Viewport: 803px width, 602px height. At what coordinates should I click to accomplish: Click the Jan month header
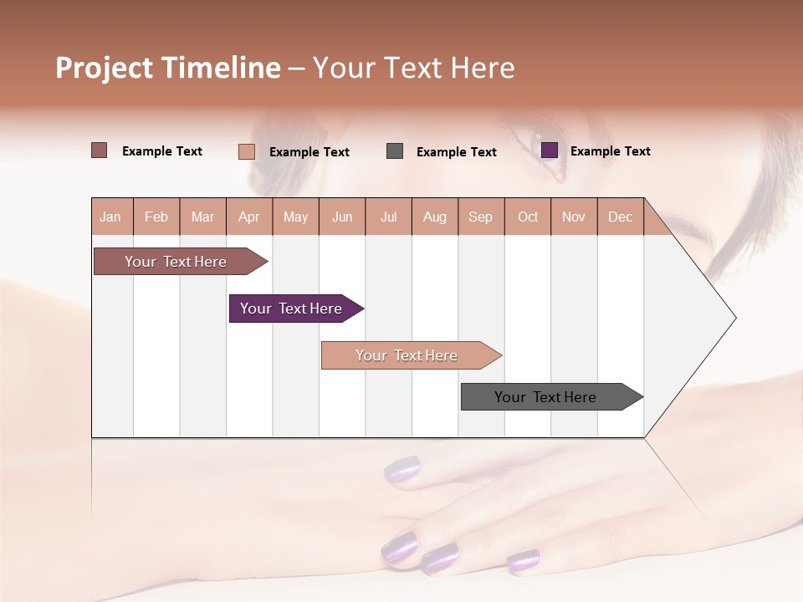[x=110, y=217]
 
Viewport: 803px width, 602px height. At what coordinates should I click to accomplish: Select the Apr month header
[x=249, y=217]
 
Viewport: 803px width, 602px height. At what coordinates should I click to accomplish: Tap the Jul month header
[x=389, y=217]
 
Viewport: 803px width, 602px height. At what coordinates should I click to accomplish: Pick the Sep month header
[x=481, y=217]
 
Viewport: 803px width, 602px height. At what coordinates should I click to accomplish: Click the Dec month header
[x=620, y=217]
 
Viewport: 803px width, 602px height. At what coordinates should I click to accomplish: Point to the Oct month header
[x=528, y=217]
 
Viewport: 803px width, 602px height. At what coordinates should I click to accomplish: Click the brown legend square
[x=99, y=150]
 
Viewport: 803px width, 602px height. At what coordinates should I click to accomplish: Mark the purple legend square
[x=550, y=150]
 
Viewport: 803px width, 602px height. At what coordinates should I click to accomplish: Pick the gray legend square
[x=395, y=151]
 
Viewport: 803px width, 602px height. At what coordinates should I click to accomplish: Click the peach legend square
[x=246, y=151]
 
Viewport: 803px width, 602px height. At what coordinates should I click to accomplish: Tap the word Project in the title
[x=105, y=68]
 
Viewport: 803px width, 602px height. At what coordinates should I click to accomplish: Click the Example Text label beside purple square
[x=610, y=151]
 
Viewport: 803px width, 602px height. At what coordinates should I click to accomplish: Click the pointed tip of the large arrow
[x=734, y=318]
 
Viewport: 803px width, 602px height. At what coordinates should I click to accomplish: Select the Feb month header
[x=156, y=217]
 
